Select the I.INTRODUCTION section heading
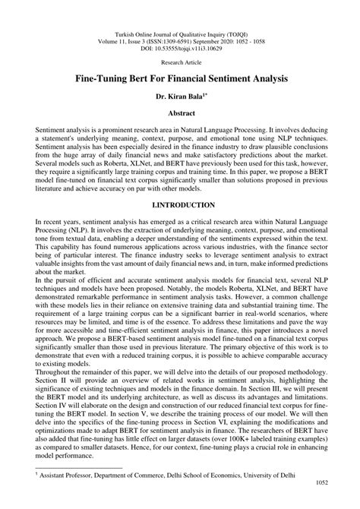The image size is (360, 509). coord(179,205)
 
